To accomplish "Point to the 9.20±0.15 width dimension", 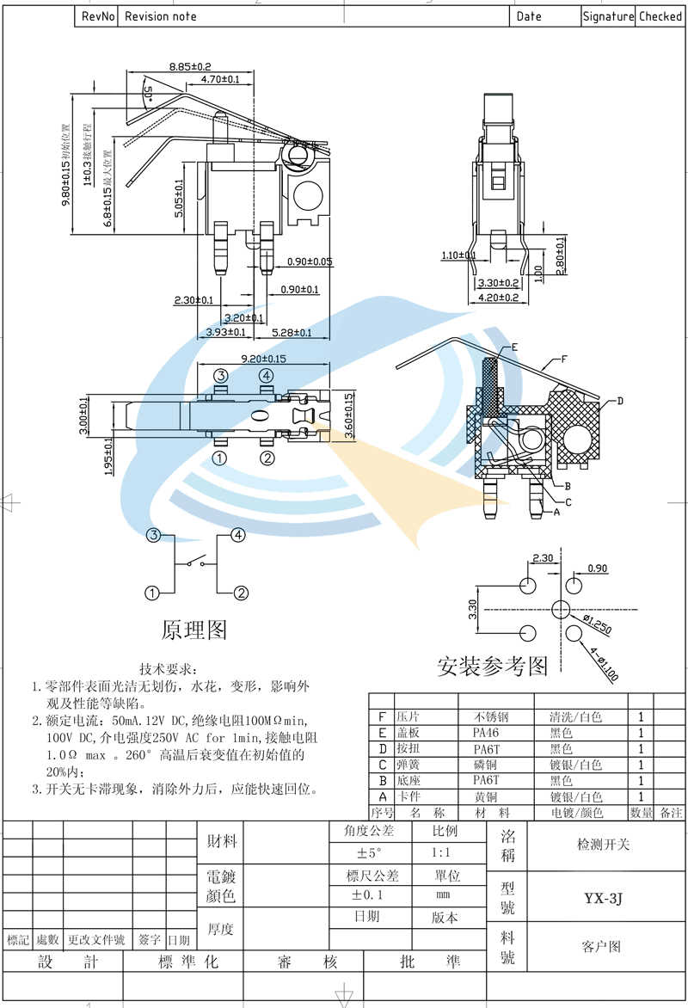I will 263,359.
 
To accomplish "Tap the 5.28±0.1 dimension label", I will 292,332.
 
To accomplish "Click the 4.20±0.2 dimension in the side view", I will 499,298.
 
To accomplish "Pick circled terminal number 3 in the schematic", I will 153,536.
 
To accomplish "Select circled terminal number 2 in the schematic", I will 242,593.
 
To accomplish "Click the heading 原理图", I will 194,630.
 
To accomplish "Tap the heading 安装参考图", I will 492,666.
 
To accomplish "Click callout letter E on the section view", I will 514,347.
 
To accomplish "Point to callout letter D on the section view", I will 619,401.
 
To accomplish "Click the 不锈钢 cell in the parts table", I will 491,717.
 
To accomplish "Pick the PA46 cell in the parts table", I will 486,733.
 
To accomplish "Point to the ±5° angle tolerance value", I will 368,853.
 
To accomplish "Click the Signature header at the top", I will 608,16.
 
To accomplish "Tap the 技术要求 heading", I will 169,668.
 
